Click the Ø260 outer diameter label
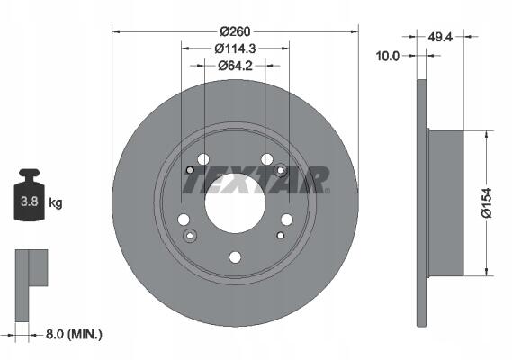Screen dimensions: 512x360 point(235,31)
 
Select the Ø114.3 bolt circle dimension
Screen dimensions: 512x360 point(235,49)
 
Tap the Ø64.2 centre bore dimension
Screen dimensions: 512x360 point(235,66)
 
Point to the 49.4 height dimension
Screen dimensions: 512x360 point(440,37)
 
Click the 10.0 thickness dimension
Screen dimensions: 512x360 point(388,56)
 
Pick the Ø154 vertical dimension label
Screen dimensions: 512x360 point(486,202)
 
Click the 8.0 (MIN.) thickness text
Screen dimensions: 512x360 point(74,334)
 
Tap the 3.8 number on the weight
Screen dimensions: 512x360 point(30,202)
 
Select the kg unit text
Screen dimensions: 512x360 point(56,202)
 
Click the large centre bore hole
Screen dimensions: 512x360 point(235,202)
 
